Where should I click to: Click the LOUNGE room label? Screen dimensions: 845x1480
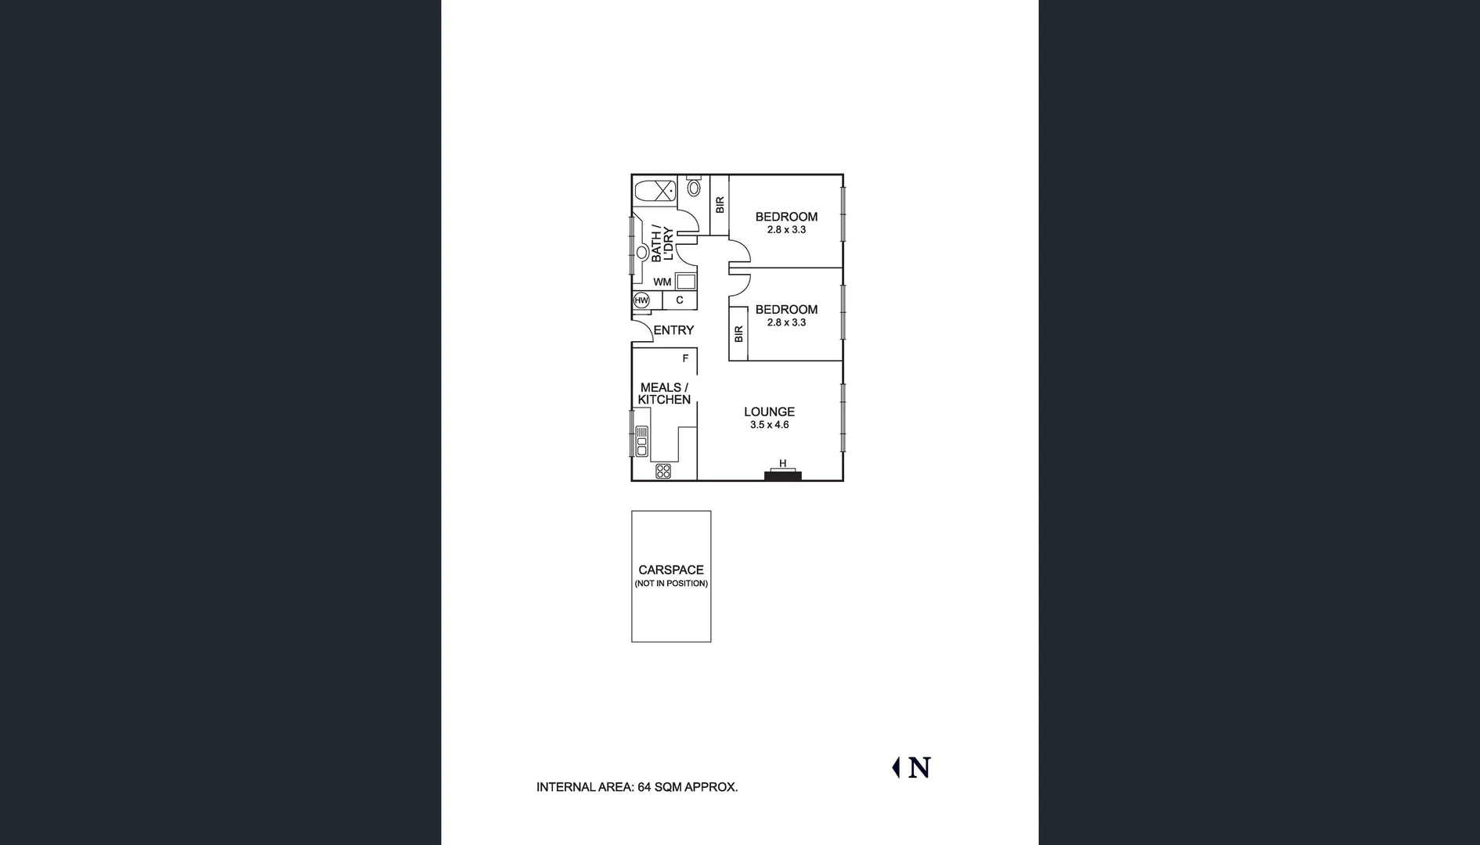coord(769,412)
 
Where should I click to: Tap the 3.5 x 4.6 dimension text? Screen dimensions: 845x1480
coord(769,425)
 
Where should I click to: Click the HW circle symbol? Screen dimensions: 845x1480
coord(641,300)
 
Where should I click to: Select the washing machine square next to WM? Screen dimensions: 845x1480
coord(686,282)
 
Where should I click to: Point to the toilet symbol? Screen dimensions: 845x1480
coord(694,187)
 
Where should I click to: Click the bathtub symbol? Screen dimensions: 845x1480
coord(655,191)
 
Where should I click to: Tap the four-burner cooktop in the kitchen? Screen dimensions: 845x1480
coord(663,471)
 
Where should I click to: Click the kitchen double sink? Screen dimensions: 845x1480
coord(641,441)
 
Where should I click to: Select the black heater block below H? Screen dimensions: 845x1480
coord(782,476)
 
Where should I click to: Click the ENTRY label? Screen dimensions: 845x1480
coord(673,330)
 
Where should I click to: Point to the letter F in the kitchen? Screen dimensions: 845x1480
coord(685,358)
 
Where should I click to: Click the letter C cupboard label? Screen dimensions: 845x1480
coord(680,300)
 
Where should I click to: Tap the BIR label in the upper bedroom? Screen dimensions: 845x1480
coord(720,205)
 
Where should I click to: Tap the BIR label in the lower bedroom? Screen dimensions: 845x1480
coord(738,334)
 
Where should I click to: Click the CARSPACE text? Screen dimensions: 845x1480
coord(671,570)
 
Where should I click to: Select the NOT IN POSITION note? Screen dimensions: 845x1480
coord(671,584)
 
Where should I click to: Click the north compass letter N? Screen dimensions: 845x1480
coord(920,768)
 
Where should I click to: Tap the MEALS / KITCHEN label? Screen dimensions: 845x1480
coord(664,394)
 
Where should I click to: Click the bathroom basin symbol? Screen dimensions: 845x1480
coord(642,253)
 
